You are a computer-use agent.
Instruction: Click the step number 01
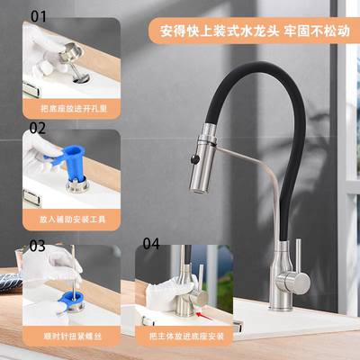tap(39, 16)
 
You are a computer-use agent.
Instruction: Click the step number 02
tap(37, 128)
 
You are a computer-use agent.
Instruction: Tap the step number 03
tap(38, 245)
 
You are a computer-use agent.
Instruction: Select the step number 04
tap(150, 244)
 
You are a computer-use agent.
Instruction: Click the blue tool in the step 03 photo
tap(67, 296)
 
